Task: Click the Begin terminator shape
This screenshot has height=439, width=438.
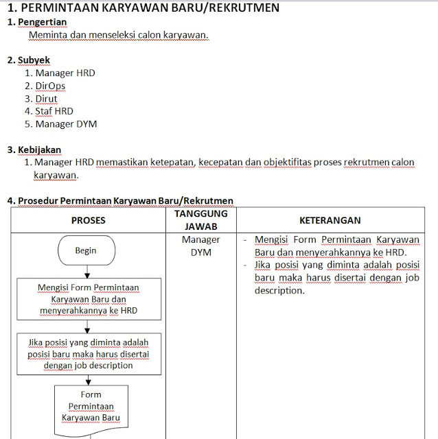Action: (x=86, y=250)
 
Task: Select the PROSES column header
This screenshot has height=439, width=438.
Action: (x=88, y=220)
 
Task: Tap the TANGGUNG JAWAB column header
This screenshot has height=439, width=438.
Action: (x=201, y=219)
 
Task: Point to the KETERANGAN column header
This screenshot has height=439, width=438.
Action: (x=330, y=220)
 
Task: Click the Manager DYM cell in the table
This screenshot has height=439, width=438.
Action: (x=201, y=246)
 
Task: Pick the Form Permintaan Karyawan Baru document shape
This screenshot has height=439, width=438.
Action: (x=91, y=406)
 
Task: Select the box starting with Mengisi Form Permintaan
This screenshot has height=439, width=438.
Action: (x=88, y=299)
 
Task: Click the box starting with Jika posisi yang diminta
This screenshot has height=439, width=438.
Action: (x=88, y=353)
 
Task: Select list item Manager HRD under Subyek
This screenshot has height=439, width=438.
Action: (x=65, y=73)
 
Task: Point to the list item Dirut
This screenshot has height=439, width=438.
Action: (x=47, y=98)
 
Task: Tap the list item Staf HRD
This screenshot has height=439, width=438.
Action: (x=54, y=111)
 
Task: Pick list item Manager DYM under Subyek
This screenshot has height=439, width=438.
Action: (x=66, y=124)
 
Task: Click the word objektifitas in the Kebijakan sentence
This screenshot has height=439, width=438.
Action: (x=282, y=163)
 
